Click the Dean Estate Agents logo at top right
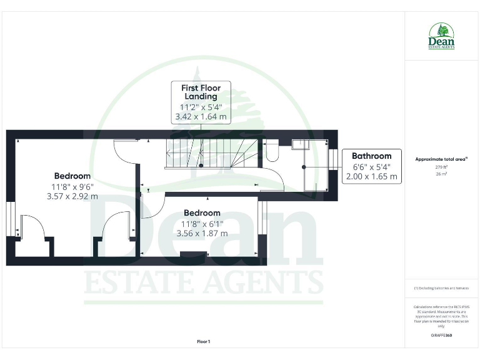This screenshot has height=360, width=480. (x=441, y=36)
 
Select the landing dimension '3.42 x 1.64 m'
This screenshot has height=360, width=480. (x=201, y=116)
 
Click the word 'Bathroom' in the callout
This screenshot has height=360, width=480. (x=371, y=156)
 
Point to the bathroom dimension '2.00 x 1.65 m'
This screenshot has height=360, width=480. (x=371, y=176)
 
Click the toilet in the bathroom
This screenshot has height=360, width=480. (x=272, y=151)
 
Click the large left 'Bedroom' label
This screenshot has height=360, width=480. (x=72, y=176)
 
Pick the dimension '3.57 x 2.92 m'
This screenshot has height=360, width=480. (x=72, y=196)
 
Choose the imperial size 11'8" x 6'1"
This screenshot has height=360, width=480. (x=202, y=224)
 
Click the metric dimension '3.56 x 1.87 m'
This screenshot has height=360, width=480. (x=202, y=233)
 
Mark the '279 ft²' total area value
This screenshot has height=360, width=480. (x=441, y=167)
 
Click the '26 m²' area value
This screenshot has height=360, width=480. (x=441, y=174)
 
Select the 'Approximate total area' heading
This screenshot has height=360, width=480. (x=441, y=159)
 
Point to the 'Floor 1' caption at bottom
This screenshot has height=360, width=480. (x=203, y=341)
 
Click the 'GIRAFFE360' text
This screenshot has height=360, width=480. (x=441, y=336)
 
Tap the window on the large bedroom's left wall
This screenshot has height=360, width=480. (x=10, y=219)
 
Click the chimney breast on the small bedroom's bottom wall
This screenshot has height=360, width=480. (x=193, y=254)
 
